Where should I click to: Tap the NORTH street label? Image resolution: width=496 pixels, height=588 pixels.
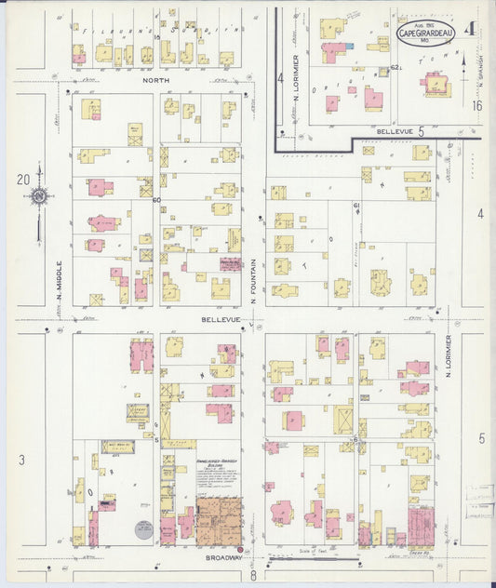pos(155,81)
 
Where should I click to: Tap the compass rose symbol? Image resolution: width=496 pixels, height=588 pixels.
pos(39,196)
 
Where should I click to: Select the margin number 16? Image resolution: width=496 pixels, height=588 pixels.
pos(477,106)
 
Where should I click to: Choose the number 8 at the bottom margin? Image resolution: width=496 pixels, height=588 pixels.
pos(253,577)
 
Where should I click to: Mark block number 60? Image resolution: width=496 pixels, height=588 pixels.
pos(156,200)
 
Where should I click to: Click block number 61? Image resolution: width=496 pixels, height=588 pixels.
pos(355,205)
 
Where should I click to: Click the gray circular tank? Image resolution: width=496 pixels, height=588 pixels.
pos(143,530)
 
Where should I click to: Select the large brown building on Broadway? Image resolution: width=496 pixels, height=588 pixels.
pos(220,521)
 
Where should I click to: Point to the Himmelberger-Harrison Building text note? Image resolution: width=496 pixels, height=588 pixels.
pos(219,472)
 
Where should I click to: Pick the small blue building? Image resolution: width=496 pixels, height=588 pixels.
pos(349,46)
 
